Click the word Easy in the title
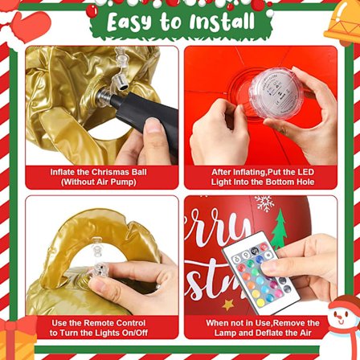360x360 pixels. click(130, 22)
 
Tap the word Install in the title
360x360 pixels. click(222, 22)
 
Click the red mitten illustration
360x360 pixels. click(30, 27)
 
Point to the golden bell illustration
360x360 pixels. click(343, 22)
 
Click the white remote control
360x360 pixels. click(261, 272)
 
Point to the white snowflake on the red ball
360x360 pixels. click(264, 203)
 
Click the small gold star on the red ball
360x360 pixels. click(228, 305)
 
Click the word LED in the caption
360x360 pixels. click(305, 172)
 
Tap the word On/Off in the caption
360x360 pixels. click(135, 333)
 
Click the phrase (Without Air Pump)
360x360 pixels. click(99, 182)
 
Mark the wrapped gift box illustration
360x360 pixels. click(18, 338)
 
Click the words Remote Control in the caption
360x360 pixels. click(112, 323)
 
